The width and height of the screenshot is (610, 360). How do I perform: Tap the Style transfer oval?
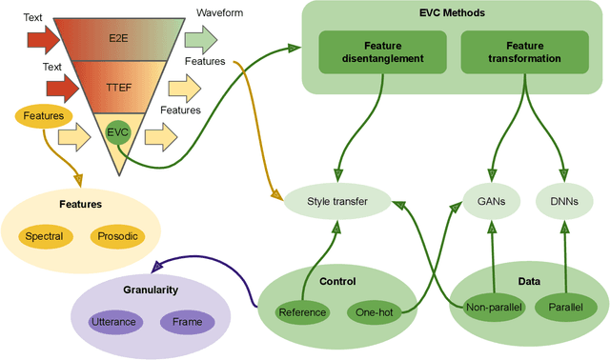coord(335,200)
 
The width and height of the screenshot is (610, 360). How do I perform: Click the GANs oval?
coord(491,200)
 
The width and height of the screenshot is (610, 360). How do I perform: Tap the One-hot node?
coord(373,311)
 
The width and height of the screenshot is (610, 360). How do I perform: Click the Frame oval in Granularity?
coord(186,323)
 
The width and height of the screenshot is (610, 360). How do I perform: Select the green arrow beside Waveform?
coord(198,40)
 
